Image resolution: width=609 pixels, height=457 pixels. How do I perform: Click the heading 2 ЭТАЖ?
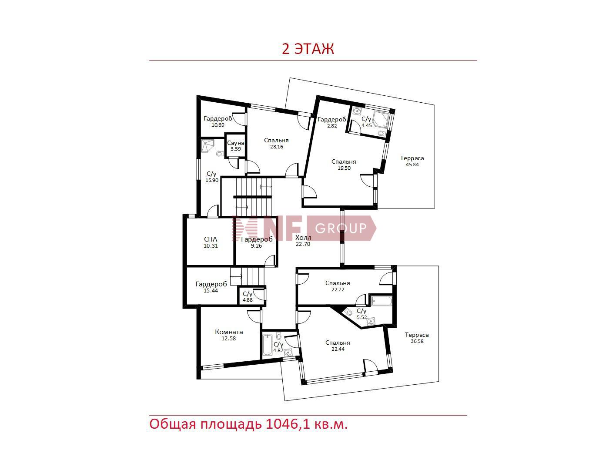tap(308, 49)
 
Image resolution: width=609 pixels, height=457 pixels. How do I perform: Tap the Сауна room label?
tap(236, 143)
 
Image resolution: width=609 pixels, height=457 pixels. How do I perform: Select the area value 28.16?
tap(277, 147)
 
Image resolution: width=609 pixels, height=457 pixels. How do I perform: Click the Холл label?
tap(303, 238)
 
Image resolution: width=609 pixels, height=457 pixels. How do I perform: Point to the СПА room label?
tap(211, 239)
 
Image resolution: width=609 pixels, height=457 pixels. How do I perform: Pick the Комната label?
tap(229, 332)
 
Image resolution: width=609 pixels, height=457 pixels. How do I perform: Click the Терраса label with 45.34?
tap(412, 158)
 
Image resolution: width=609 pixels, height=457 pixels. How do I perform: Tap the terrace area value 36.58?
tap(417, 341)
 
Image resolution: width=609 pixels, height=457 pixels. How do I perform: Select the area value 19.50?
tap(344, 168)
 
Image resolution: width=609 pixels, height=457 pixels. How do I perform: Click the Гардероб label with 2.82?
tap(331, 120)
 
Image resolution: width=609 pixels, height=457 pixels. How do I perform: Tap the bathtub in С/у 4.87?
tap(268, 345)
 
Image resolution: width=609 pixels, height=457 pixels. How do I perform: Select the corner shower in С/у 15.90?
tap(208, 146)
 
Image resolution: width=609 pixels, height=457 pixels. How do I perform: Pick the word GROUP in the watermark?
tap(341, 228)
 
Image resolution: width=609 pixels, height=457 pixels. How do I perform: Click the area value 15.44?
tap(211, 290)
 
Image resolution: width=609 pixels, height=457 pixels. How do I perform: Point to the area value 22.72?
tap(338, 289)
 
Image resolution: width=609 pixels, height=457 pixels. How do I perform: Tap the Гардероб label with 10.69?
tap(218, 119)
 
